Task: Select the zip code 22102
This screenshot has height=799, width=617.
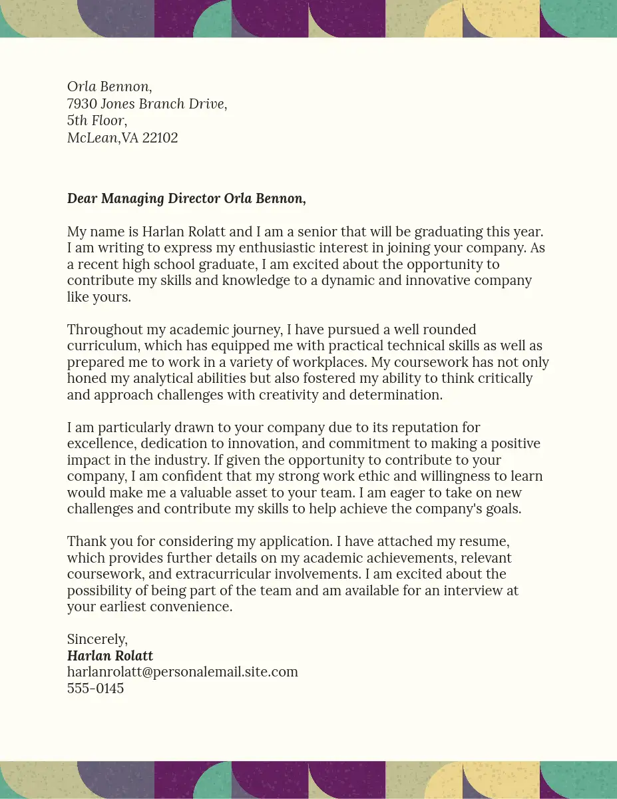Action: click(160, 138)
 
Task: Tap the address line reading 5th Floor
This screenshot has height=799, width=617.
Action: click(97, 121)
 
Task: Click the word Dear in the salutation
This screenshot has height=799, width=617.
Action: click(83, 198)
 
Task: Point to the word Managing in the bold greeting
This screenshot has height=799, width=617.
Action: click(132, 198)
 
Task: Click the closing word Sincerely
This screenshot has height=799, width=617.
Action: click(97, 639)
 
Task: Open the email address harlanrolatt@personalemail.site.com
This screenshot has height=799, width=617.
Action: click(182, 672)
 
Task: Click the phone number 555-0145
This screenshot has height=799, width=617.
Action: click(95, 688)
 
